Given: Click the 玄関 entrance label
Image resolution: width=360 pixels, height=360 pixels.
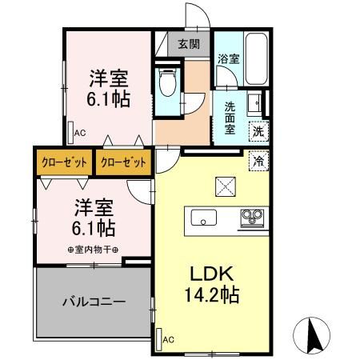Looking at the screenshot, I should click(189, 43).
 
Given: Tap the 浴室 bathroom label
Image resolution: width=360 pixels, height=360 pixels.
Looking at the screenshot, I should click(228, 58).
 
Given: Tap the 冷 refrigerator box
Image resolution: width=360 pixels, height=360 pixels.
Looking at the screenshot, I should click(258, 160).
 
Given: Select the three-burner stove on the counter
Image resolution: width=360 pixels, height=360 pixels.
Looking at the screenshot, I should click(254, 217).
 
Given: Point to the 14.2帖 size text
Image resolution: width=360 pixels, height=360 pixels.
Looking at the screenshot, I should click(207, 294).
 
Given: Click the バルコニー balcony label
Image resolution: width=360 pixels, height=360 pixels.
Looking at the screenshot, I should click(94, 302).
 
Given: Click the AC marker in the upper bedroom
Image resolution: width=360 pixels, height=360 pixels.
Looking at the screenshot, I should click(79, 134).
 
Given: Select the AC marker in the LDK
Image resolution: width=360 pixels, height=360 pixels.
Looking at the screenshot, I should click(167, 340).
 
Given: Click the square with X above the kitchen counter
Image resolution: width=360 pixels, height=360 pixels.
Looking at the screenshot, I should click(224, 186).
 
